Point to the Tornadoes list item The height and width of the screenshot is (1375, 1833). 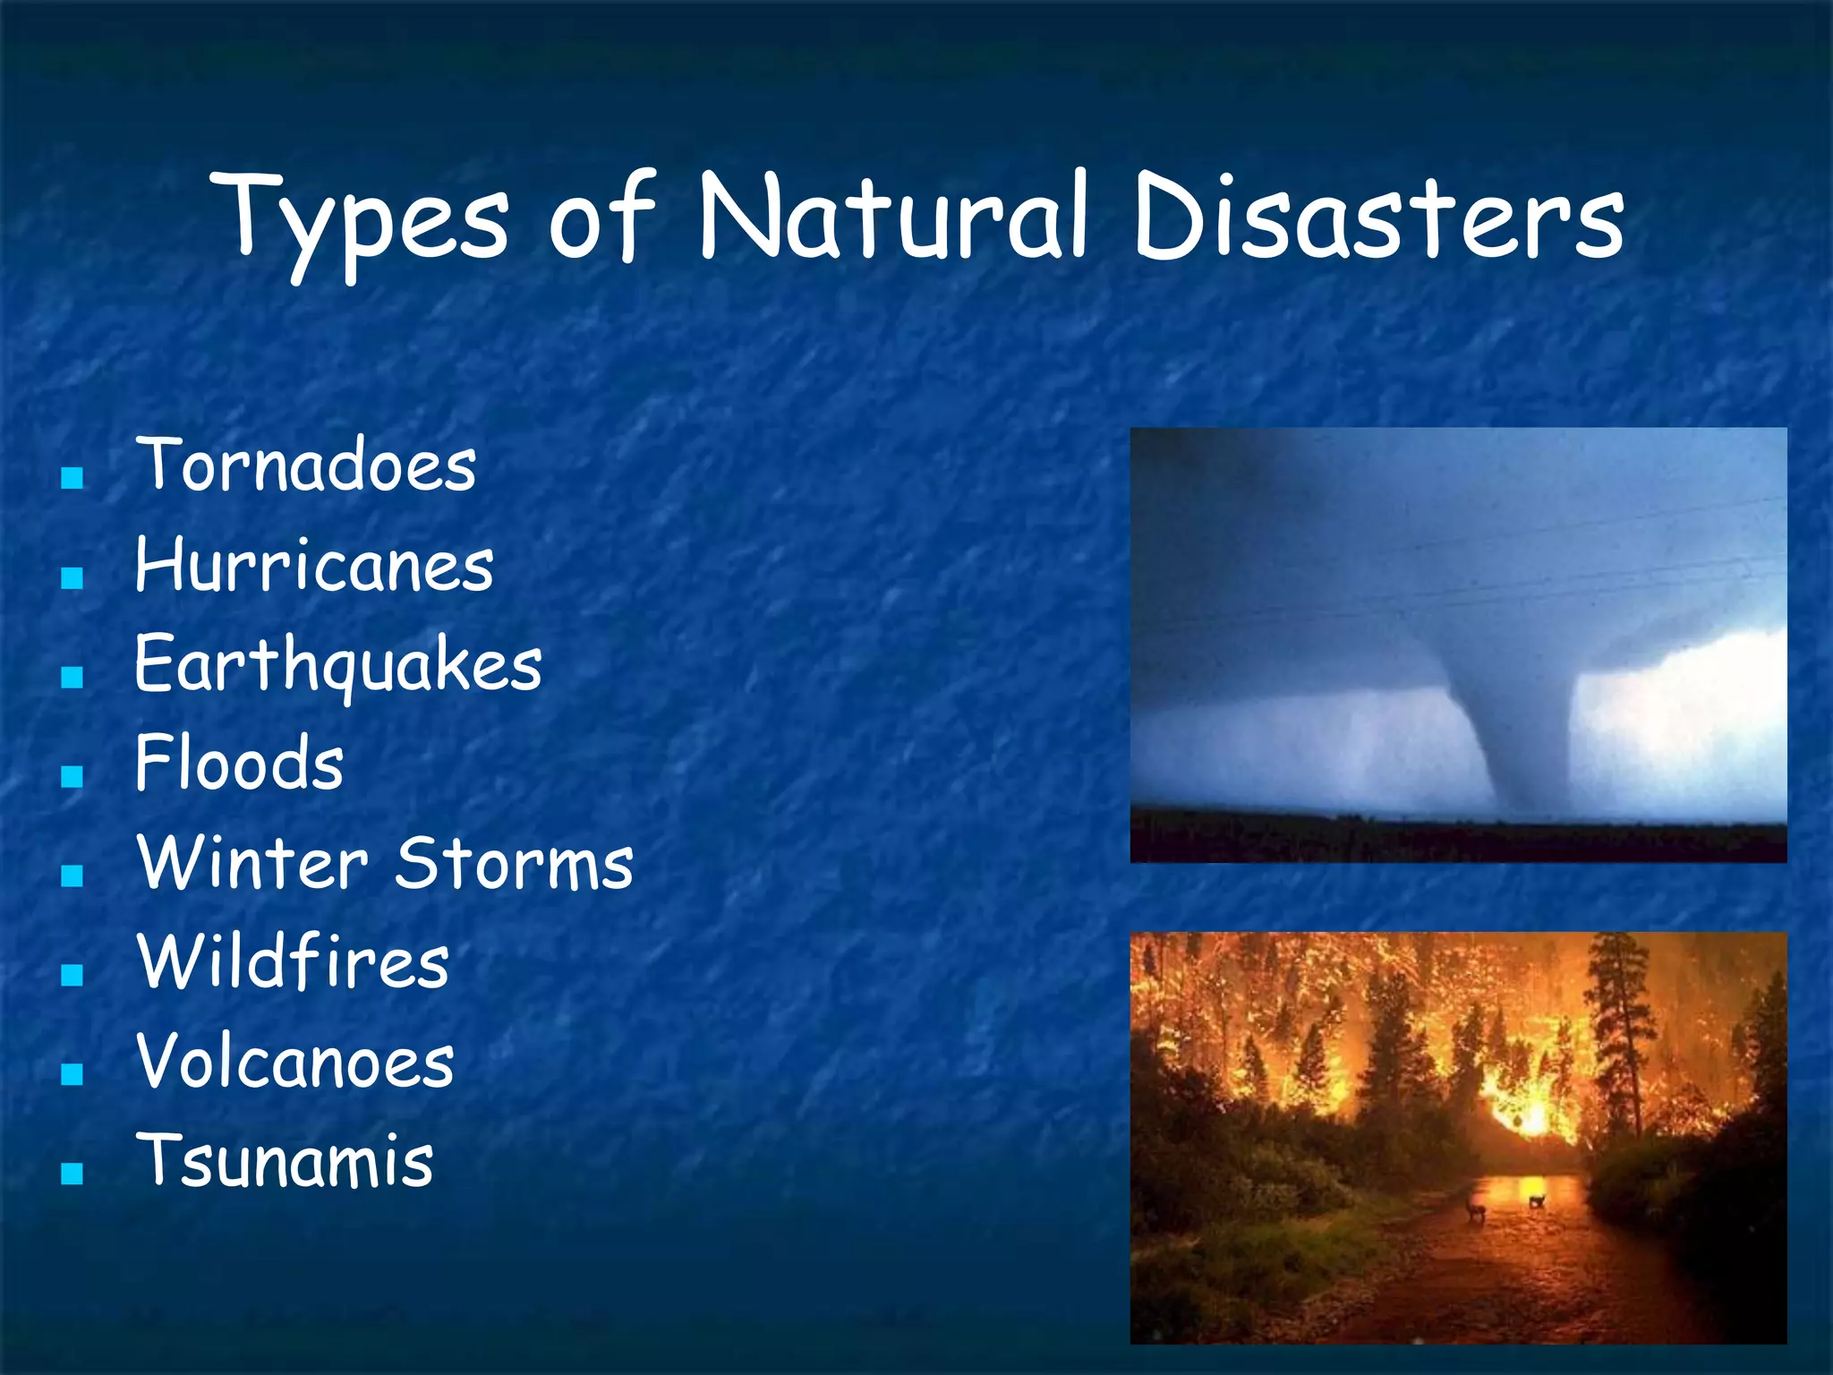pos(305,465)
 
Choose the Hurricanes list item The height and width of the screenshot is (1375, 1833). pos(313,566)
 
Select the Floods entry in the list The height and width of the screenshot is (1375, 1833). pos(239,764)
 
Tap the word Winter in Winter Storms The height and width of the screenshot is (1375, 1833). pos(252,863)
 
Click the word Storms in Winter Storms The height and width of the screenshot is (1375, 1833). pos(515,863)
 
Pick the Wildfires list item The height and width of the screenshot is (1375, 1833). pos(293,962)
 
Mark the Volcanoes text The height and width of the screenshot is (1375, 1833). pos(295,1062)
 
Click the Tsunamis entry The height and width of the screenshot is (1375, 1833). pos(285,1161)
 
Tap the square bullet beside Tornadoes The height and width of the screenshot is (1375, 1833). pos(72,478)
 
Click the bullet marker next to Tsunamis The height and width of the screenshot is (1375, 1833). pos(72,1174)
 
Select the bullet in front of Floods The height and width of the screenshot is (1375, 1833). pos(72,776)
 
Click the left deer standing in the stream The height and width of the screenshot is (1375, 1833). pos(1475,1210)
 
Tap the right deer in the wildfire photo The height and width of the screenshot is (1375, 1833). pos(1537,1200)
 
